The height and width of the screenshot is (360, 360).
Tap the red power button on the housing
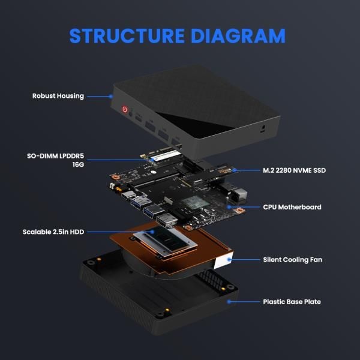[x=125, y=110]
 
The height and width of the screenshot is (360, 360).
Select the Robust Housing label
[x=58, y=96]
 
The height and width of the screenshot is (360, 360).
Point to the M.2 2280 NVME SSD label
[x=294, y=170]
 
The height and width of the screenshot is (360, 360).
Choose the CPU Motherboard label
[x=292, y=207]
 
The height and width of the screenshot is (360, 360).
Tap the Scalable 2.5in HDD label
[x=53, y=232]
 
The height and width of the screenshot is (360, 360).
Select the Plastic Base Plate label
[x=292, y=302]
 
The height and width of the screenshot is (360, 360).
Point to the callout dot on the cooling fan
[x=227, y=260]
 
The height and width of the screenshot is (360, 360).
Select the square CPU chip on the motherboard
[x=194, y=202]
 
